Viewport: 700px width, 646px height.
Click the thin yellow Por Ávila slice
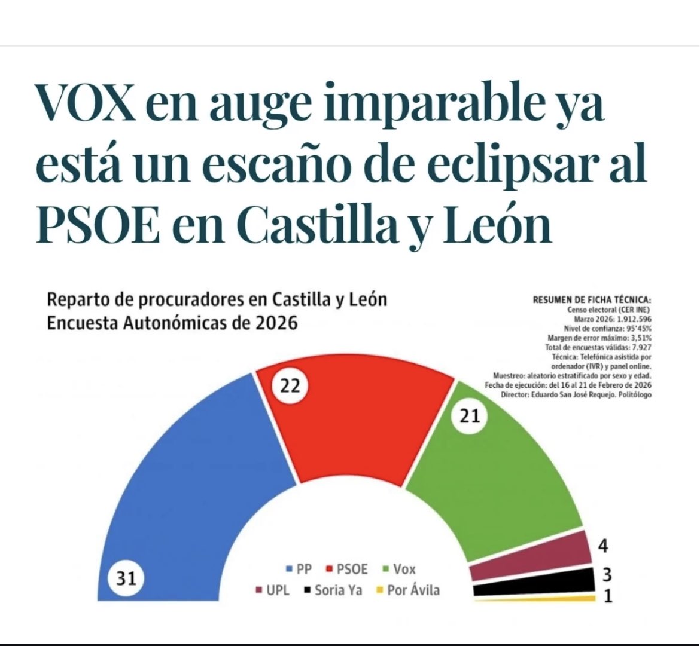click(538, 599)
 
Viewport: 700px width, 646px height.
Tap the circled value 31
click(126, 578)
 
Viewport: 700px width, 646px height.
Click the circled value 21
click(470, 416)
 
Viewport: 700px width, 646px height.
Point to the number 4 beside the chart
click(604, 545)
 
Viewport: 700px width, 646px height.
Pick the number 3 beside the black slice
click(606, 575)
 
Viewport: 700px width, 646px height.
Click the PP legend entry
click(299, 569)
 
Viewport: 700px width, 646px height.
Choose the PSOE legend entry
click(347, 569)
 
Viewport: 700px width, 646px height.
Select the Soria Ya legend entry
click(332, 590)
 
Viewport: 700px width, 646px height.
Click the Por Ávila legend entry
click(407, 590)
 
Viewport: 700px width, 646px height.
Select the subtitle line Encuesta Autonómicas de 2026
click(172, 323)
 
